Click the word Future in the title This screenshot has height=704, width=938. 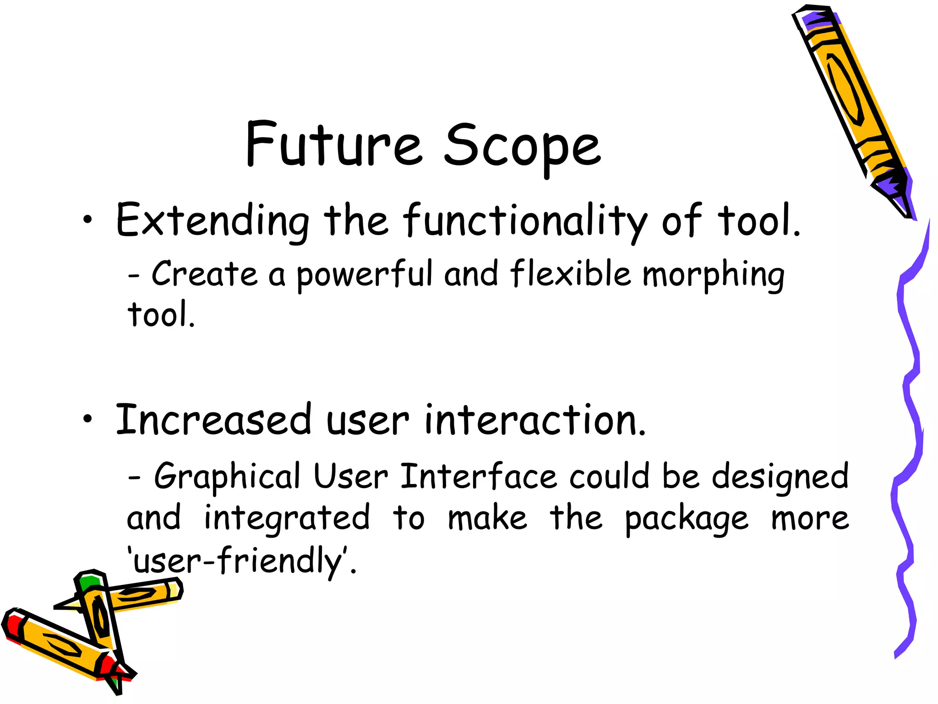coord(333,145)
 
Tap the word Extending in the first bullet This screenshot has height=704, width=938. coord(212,221)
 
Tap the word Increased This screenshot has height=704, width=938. coord(214,419)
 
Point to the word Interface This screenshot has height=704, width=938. coord(479,477)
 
